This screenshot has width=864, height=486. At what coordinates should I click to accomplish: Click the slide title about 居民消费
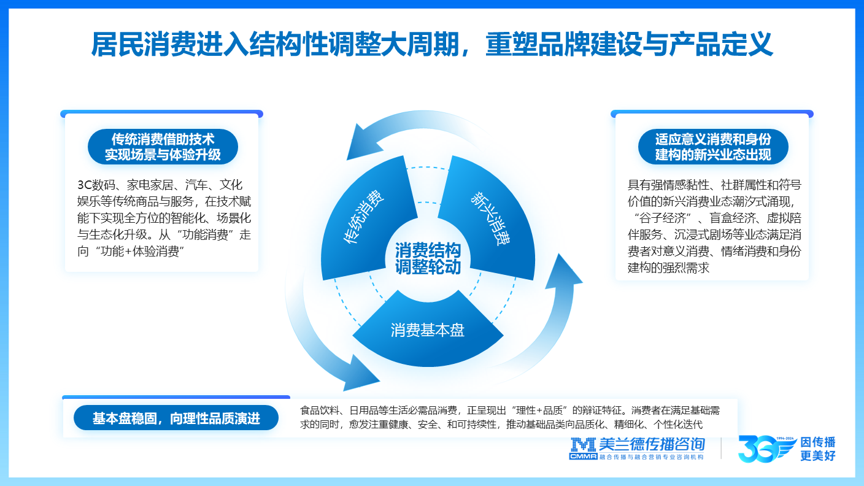point(431,44)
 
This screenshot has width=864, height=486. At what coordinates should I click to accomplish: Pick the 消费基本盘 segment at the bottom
point(428,330)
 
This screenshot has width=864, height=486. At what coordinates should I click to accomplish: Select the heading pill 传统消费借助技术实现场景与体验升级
point(162,147)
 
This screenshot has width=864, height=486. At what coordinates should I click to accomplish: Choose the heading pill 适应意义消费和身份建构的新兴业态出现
point(712,147)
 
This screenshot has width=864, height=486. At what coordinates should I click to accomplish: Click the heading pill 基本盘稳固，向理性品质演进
point(176,418)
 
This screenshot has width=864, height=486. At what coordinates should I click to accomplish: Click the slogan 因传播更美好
point(819,449)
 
